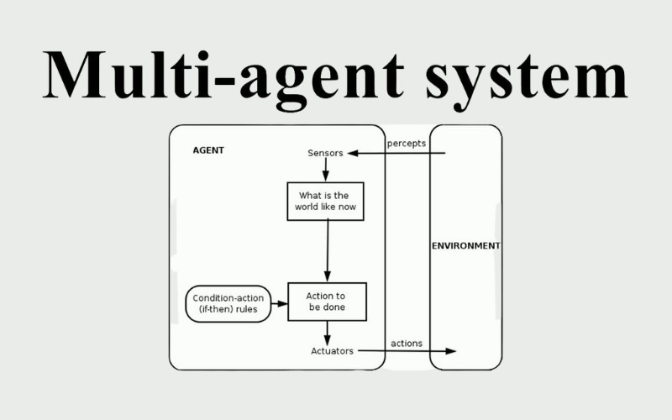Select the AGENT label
[208, 150]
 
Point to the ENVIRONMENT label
[465, 246]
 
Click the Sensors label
[325, 153]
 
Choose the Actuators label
[332, 350]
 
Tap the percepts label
[406, 143]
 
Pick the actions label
[407, 344]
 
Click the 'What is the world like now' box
[325, 201]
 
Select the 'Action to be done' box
[327, 302]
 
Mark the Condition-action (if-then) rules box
[228, 303]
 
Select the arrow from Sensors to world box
[325, 171]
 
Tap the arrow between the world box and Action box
[327, 251]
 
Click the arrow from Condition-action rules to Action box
[280, 303]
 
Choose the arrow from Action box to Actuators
[327, 333]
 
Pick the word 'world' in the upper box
[307, 207]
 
